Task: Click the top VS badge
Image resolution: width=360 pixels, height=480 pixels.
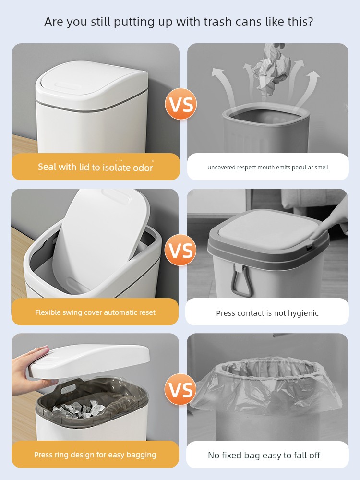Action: coord(180,104)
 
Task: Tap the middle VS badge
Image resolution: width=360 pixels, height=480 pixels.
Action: coord(180,250)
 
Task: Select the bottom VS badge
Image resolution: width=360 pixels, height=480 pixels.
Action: coord(180,389)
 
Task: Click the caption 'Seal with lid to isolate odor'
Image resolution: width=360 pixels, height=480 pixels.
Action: coord(96,167)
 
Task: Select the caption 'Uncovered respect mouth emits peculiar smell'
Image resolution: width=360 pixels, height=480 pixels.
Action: coord(268,168)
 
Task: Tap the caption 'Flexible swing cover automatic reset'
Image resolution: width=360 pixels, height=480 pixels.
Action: coord(95,312)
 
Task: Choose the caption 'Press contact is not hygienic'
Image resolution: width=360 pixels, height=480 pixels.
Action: coord(267,313)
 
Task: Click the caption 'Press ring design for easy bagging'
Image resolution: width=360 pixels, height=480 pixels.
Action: coord(95,455)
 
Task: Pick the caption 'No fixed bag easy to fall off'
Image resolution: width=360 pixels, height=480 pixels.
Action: coord(264,456)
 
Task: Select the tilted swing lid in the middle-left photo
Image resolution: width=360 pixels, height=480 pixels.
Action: coord(101,239)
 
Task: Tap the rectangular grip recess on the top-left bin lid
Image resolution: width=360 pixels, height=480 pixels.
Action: coord(68,85)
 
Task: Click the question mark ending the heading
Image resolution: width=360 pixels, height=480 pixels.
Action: coord(311,22)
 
